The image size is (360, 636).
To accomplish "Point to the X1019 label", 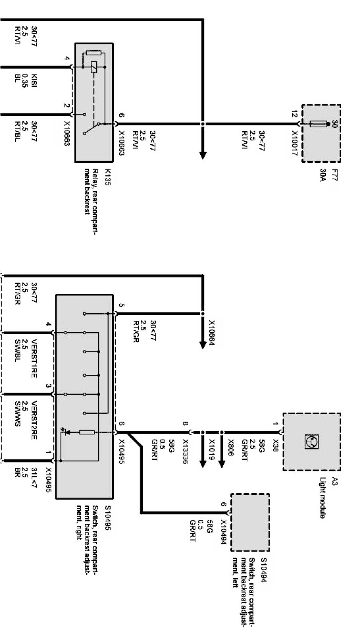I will [212, 447].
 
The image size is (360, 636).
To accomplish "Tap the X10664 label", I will [212, 334].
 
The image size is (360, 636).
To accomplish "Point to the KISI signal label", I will [34, 81].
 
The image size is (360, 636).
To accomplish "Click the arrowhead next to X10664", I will [203, 345].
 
